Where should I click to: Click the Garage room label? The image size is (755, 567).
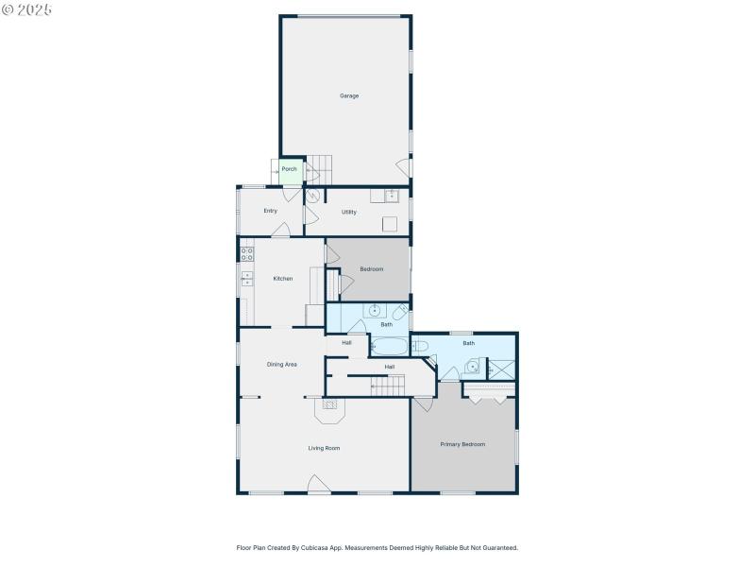pyautogui.click(x=349, y=95)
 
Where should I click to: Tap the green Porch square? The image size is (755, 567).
pyautogui.click(x=290, y=169)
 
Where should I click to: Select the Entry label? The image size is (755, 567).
pyautogui.click(x=270, y=211)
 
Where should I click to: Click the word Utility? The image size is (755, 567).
pyautogui.click(x=349, y=212)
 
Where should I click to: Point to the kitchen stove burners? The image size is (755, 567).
pyautogui.click(x=246, y=253)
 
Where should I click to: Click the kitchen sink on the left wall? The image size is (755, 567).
pyautogui.click(x=246, y=278)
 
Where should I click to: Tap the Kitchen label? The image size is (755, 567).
pyautogui.click(x=283, y=279)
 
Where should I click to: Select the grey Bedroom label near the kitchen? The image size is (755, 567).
pyautogui.click(x=372, y=269)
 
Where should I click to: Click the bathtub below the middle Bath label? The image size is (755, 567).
pyautogui.click(x=396, y=347)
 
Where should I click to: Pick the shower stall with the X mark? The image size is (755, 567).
pyautogui.click(x=501, y=369)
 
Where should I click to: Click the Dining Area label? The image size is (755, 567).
pyautogui.click(x=282, y=364)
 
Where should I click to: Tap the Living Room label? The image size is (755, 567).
pyautogui.click(x=324, y=448)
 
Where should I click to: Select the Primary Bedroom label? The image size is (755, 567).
pyautogui.click(x=462, y=444)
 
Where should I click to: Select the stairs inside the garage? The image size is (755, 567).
pyautogui.click(x=321, y=170)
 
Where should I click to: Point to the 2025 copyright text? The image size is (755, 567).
pyautogui.click(x=27, y=9)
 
